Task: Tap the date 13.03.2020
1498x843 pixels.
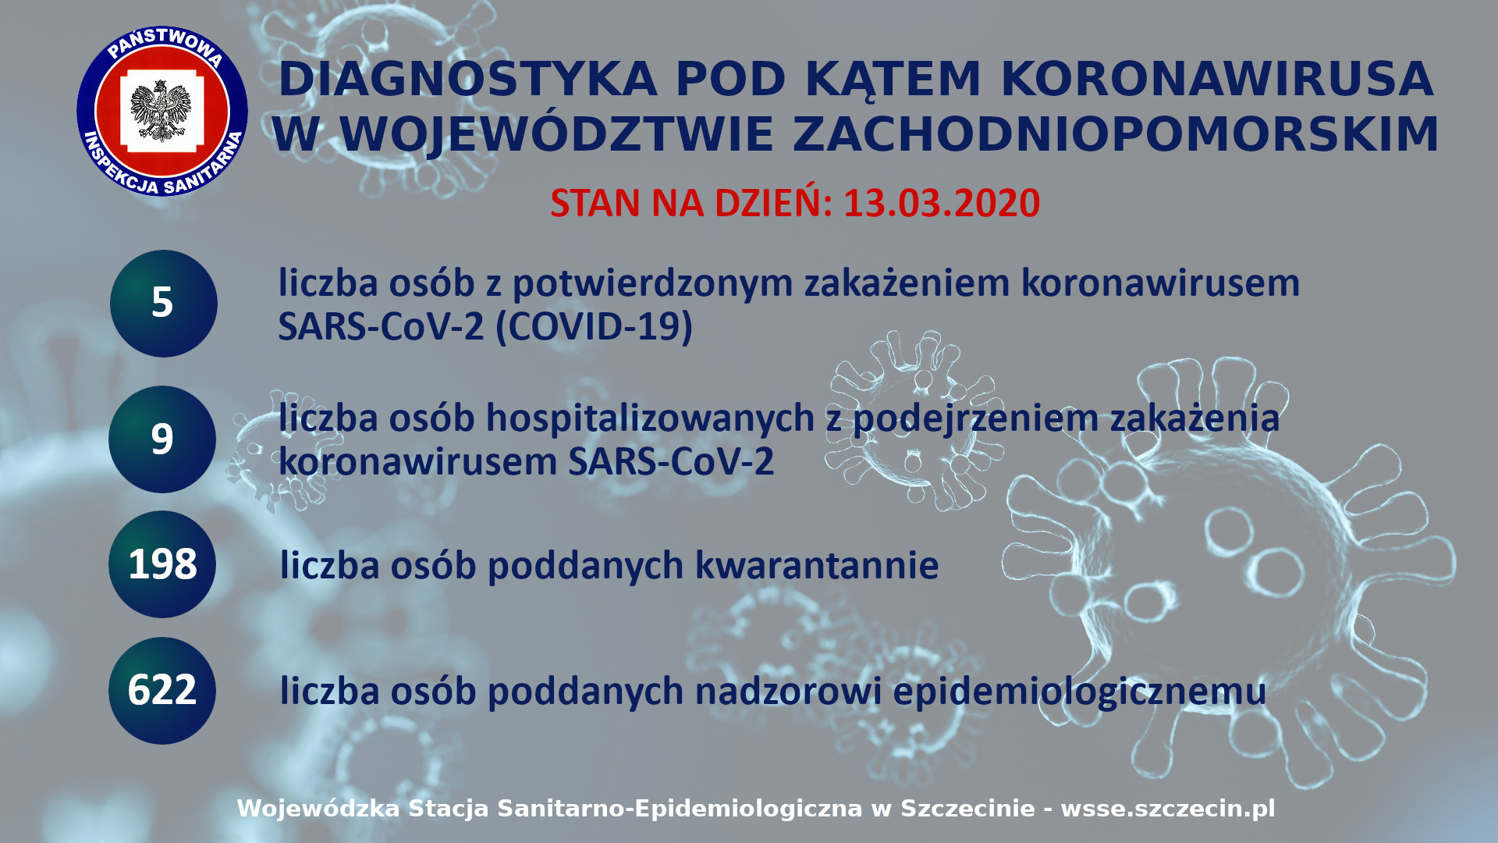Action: [942, 203]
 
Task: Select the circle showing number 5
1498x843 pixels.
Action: [163, 303]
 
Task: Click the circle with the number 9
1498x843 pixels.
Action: [162, 439]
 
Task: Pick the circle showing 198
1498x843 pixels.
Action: [162, 564]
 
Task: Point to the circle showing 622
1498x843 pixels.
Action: [162, 690]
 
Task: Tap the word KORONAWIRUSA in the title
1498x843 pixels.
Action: [1217, 80]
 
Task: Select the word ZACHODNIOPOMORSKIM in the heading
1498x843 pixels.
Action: [1116, 134]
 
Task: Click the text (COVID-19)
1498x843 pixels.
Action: [595, 326]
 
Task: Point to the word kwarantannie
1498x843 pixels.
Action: [817, 565]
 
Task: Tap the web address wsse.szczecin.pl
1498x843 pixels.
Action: [1168, 809]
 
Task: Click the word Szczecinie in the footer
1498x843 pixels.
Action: [968, 808]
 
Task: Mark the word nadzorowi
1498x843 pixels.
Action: [789, 691]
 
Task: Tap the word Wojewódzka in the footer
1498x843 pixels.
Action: [318, 809]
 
